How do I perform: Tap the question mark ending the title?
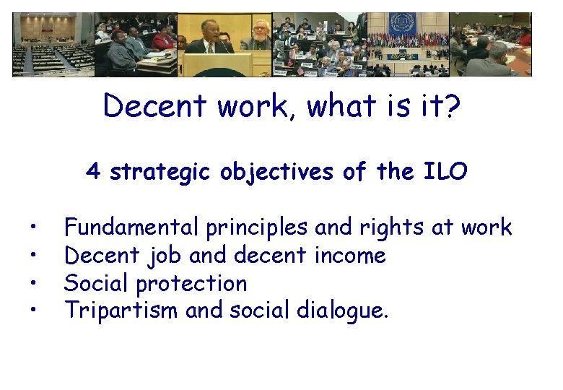[x=452, y=107]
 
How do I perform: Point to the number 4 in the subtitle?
[x=92, y=172]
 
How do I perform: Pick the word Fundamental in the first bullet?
[x=132, y=227]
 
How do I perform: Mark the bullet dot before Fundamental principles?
[x=34, y=228]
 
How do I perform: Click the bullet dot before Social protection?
[x=34, y=284]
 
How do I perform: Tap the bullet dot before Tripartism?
[x=34, y=311]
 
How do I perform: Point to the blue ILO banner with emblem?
[x=401, y=29]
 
